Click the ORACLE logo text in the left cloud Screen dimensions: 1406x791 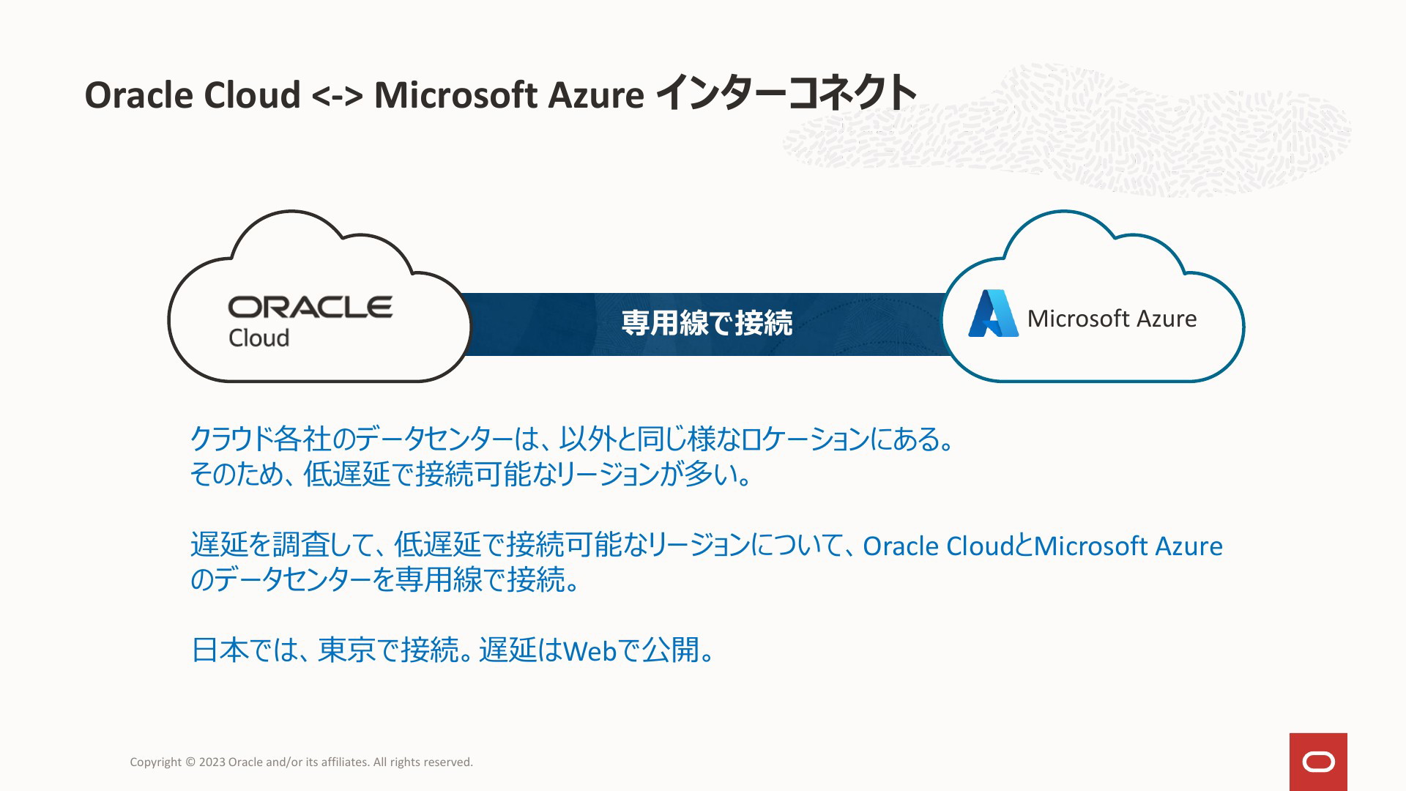[310, 307]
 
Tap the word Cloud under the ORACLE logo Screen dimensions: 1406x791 [258, 338]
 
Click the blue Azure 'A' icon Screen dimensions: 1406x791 [993, 313]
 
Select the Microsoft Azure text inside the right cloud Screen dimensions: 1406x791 [1112, 319]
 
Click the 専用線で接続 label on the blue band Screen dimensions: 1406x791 [707, 323]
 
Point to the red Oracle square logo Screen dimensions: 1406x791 [1318, 762]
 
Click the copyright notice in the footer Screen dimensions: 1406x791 [301, 762]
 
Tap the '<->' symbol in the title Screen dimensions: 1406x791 [337, 95]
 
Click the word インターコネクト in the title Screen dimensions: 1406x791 [785, 93]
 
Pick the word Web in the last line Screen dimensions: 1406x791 [589, 650]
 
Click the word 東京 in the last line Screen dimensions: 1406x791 [346, 650]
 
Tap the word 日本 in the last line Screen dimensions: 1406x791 [220, 650]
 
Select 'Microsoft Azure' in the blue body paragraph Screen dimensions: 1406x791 [1128, 546]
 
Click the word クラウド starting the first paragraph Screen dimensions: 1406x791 [231, 439]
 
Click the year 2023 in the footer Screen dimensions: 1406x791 [212, 762]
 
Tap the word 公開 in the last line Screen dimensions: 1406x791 [671, 650]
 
